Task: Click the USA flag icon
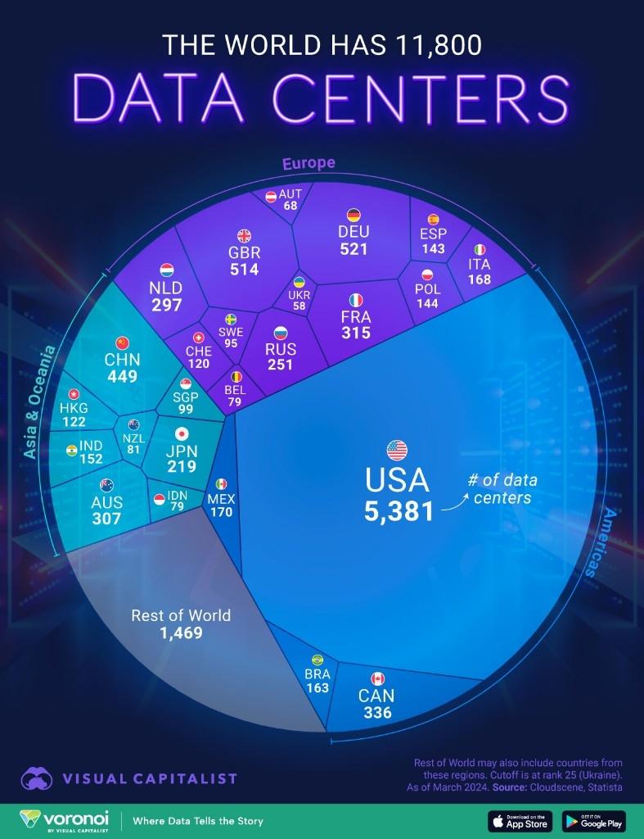397,450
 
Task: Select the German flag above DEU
354,215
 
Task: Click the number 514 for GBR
245,269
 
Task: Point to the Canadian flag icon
377,678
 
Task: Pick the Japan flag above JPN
182,434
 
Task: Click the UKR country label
299,295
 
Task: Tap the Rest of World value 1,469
181,633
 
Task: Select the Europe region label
308,163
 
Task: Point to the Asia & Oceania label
39,402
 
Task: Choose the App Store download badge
520,820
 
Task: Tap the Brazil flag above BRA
317,660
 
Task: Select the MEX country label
221,498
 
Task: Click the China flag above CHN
123,342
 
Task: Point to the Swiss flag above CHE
198,338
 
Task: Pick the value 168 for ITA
480,279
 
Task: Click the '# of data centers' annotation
502,489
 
